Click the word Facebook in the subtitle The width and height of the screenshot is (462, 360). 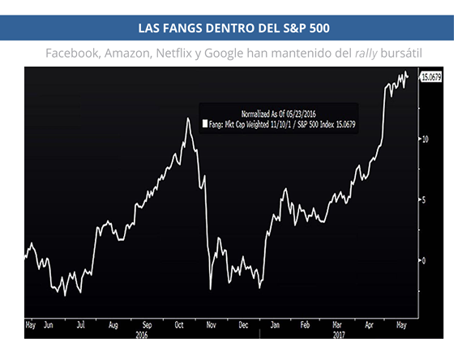71,53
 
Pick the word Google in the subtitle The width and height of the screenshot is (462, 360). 224,53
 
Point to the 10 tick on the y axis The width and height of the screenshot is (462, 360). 422,139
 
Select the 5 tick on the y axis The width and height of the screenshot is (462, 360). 421,199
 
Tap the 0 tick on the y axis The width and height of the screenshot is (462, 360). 421,260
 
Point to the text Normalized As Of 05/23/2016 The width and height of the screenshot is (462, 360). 278,114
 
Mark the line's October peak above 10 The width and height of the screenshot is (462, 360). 188,118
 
